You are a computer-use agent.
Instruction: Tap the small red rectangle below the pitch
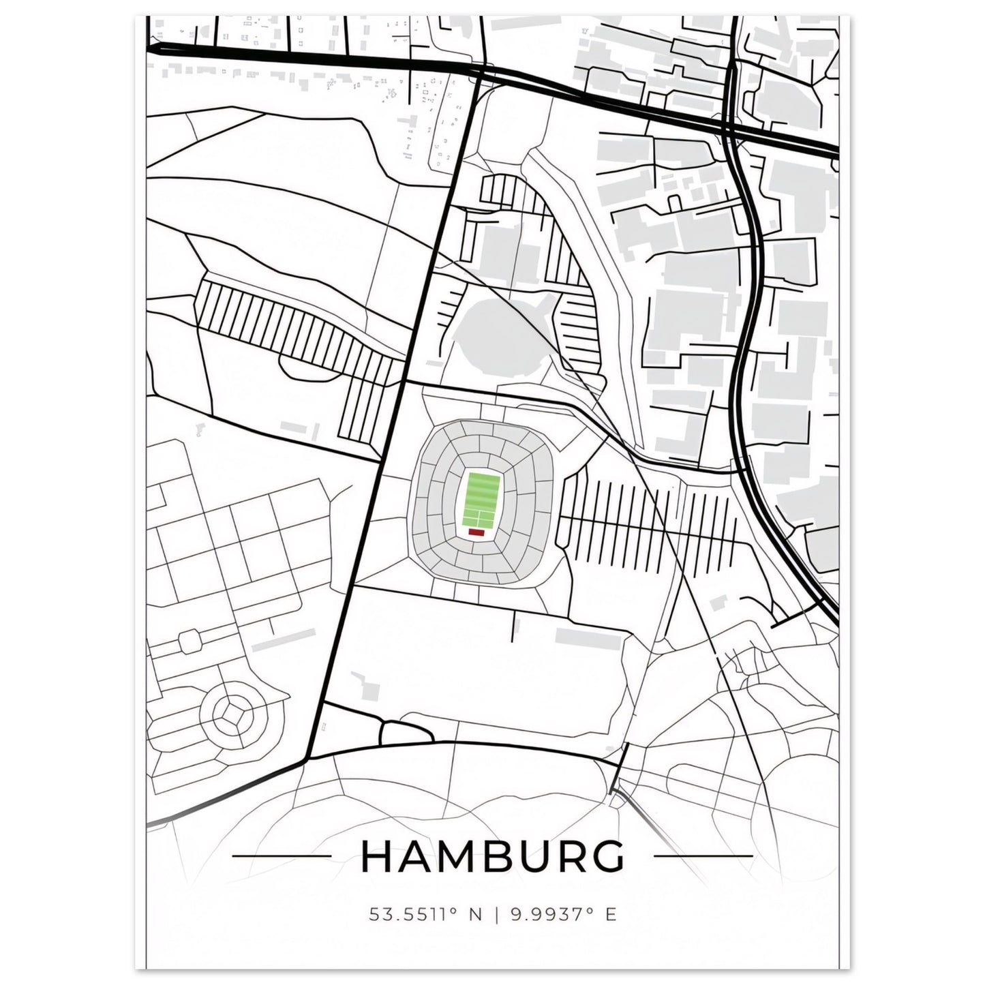pos(476,533)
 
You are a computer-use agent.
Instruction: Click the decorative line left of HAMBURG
pos(282,855)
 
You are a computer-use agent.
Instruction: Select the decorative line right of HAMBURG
pos(703,855)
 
